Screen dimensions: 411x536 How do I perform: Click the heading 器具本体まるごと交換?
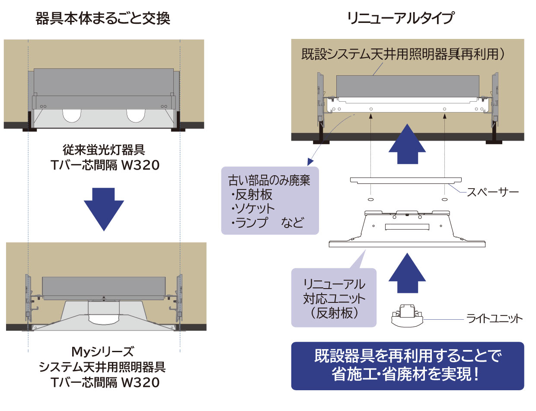click(x=102, y=19)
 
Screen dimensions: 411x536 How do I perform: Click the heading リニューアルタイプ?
click(x=400, y=19)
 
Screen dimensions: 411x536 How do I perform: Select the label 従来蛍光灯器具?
click(x=104, y=151)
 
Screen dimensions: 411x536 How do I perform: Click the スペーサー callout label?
click(x=492, y=192)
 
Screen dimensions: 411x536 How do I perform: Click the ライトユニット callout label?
click(x=495, y=319)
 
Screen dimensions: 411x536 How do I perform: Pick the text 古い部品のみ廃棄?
click(x=269, y=180)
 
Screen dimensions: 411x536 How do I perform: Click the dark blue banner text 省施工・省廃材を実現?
click(x=407, y=374)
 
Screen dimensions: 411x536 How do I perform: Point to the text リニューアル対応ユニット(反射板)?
click(x=334, y=299)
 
